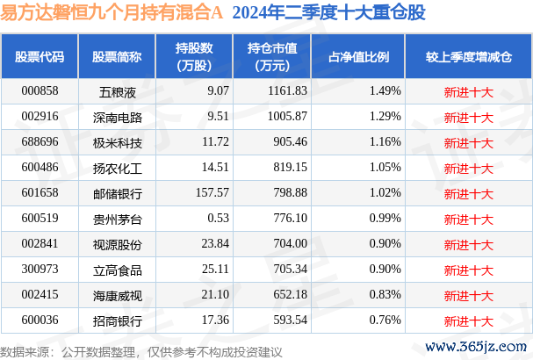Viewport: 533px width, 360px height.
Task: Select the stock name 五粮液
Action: (117, 90)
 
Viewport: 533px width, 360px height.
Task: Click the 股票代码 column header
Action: (40, 57)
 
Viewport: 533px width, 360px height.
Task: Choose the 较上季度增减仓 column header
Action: (468, 57)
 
